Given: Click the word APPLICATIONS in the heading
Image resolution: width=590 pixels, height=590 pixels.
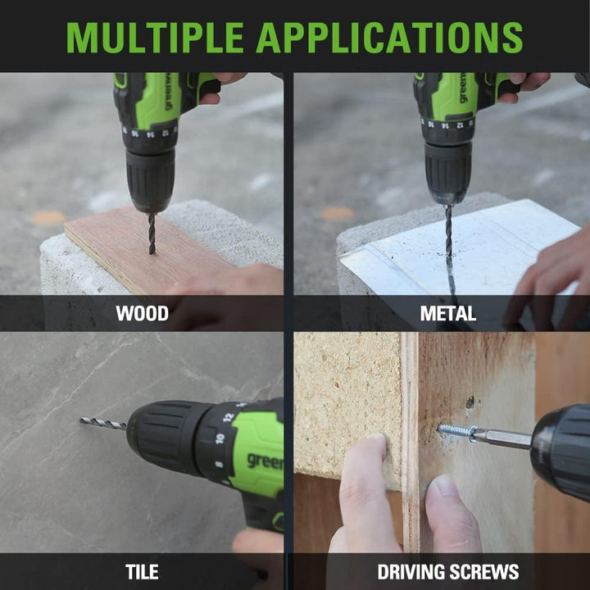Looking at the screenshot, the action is point(389,38).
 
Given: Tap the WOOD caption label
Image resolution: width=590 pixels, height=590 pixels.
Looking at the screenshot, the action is point(143,313).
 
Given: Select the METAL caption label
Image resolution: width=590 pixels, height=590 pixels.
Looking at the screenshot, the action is point(447,313).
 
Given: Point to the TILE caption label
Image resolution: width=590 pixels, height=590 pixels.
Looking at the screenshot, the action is point(142,572).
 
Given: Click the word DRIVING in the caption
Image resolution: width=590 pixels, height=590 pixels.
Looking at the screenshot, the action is point(411,572).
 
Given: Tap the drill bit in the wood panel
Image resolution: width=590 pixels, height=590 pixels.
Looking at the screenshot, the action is point(152,234).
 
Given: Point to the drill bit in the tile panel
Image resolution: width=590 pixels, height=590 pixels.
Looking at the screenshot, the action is point(102,423).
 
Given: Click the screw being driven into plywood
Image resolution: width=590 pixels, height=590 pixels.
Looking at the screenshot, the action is point(456,429).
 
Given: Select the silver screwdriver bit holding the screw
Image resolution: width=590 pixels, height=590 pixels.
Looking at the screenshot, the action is point(501,438).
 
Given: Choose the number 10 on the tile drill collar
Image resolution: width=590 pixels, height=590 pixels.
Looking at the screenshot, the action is point(220,438).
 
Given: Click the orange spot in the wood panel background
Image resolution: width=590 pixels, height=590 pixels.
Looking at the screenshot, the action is point(48,218).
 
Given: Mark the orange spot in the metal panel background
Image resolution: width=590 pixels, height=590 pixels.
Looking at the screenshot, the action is point(338,213).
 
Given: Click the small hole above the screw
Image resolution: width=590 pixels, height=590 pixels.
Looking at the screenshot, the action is point(470,402).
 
